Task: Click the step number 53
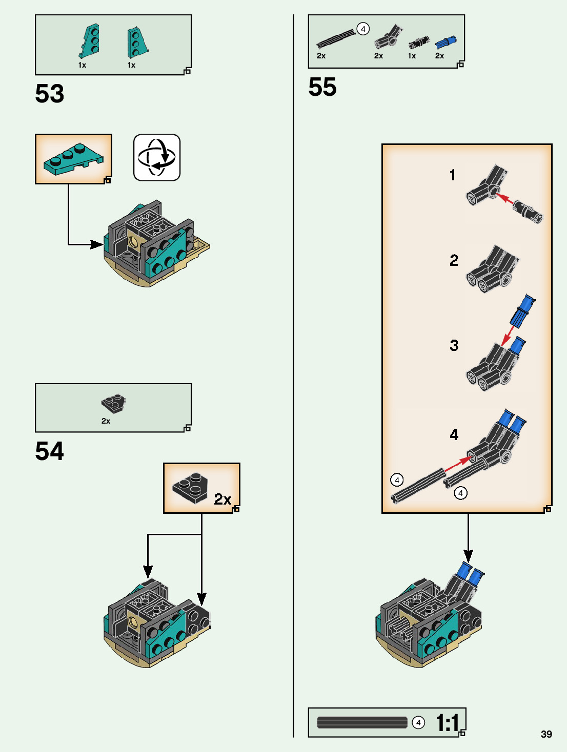(x=50, y=94)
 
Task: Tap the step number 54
(x=50, y=451)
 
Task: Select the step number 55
(x=322, y=87)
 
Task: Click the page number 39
(x=546, y=734)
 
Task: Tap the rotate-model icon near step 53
(x=157, y=157)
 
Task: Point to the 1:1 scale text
(x=448, y=723)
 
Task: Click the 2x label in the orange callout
(x=222, y=499)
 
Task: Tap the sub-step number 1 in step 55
(x=452, y=175)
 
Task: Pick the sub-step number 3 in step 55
(x=454, y=345)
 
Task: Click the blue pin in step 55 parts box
(x=445, y=41)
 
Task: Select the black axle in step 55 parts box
(x=336, y=38)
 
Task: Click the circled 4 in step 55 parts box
(x=363, y=29)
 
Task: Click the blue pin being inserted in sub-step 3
(x=523, y=310)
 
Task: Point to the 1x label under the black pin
(x=412, y=56)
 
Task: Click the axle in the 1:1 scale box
(x=362, y=722)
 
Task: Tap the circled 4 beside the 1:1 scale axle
(x=418, y=722)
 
